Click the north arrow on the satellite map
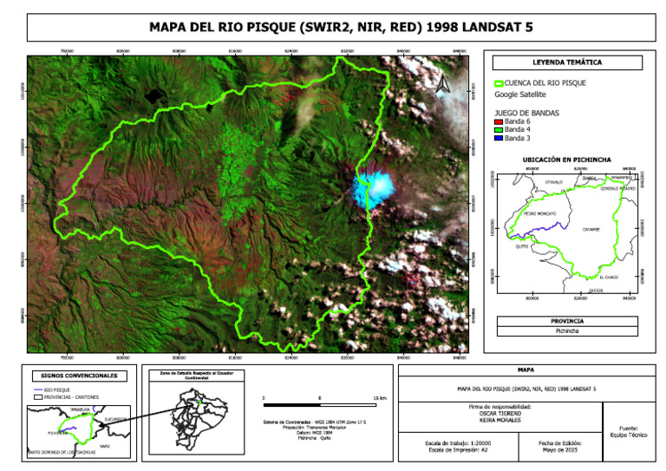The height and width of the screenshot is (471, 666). pyautogui.click(x=442, y=84)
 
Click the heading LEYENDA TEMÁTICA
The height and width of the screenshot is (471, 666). pyautogui.click(x=567, y=62)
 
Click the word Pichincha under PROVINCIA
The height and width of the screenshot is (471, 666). pyautogui.click(x=567, y=330)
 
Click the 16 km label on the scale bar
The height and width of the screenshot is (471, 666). pyautogui.click(x=379, y=397)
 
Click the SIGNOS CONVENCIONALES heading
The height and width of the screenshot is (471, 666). pyautogui.click(x=79, y=376)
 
